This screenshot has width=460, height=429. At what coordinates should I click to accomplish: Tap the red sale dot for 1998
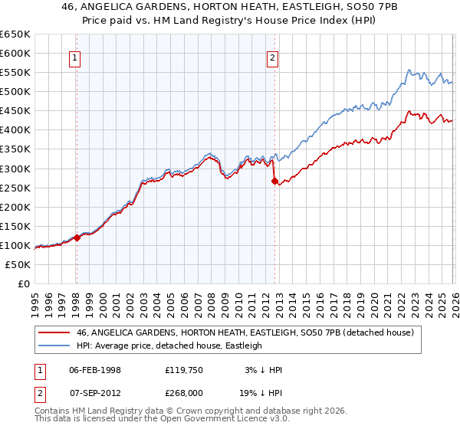point(77,237)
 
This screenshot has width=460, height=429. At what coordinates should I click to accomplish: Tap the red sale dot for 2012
point(274,181)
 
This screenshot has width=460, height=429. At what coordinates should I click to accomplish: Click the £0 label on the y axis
point(23,283)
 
